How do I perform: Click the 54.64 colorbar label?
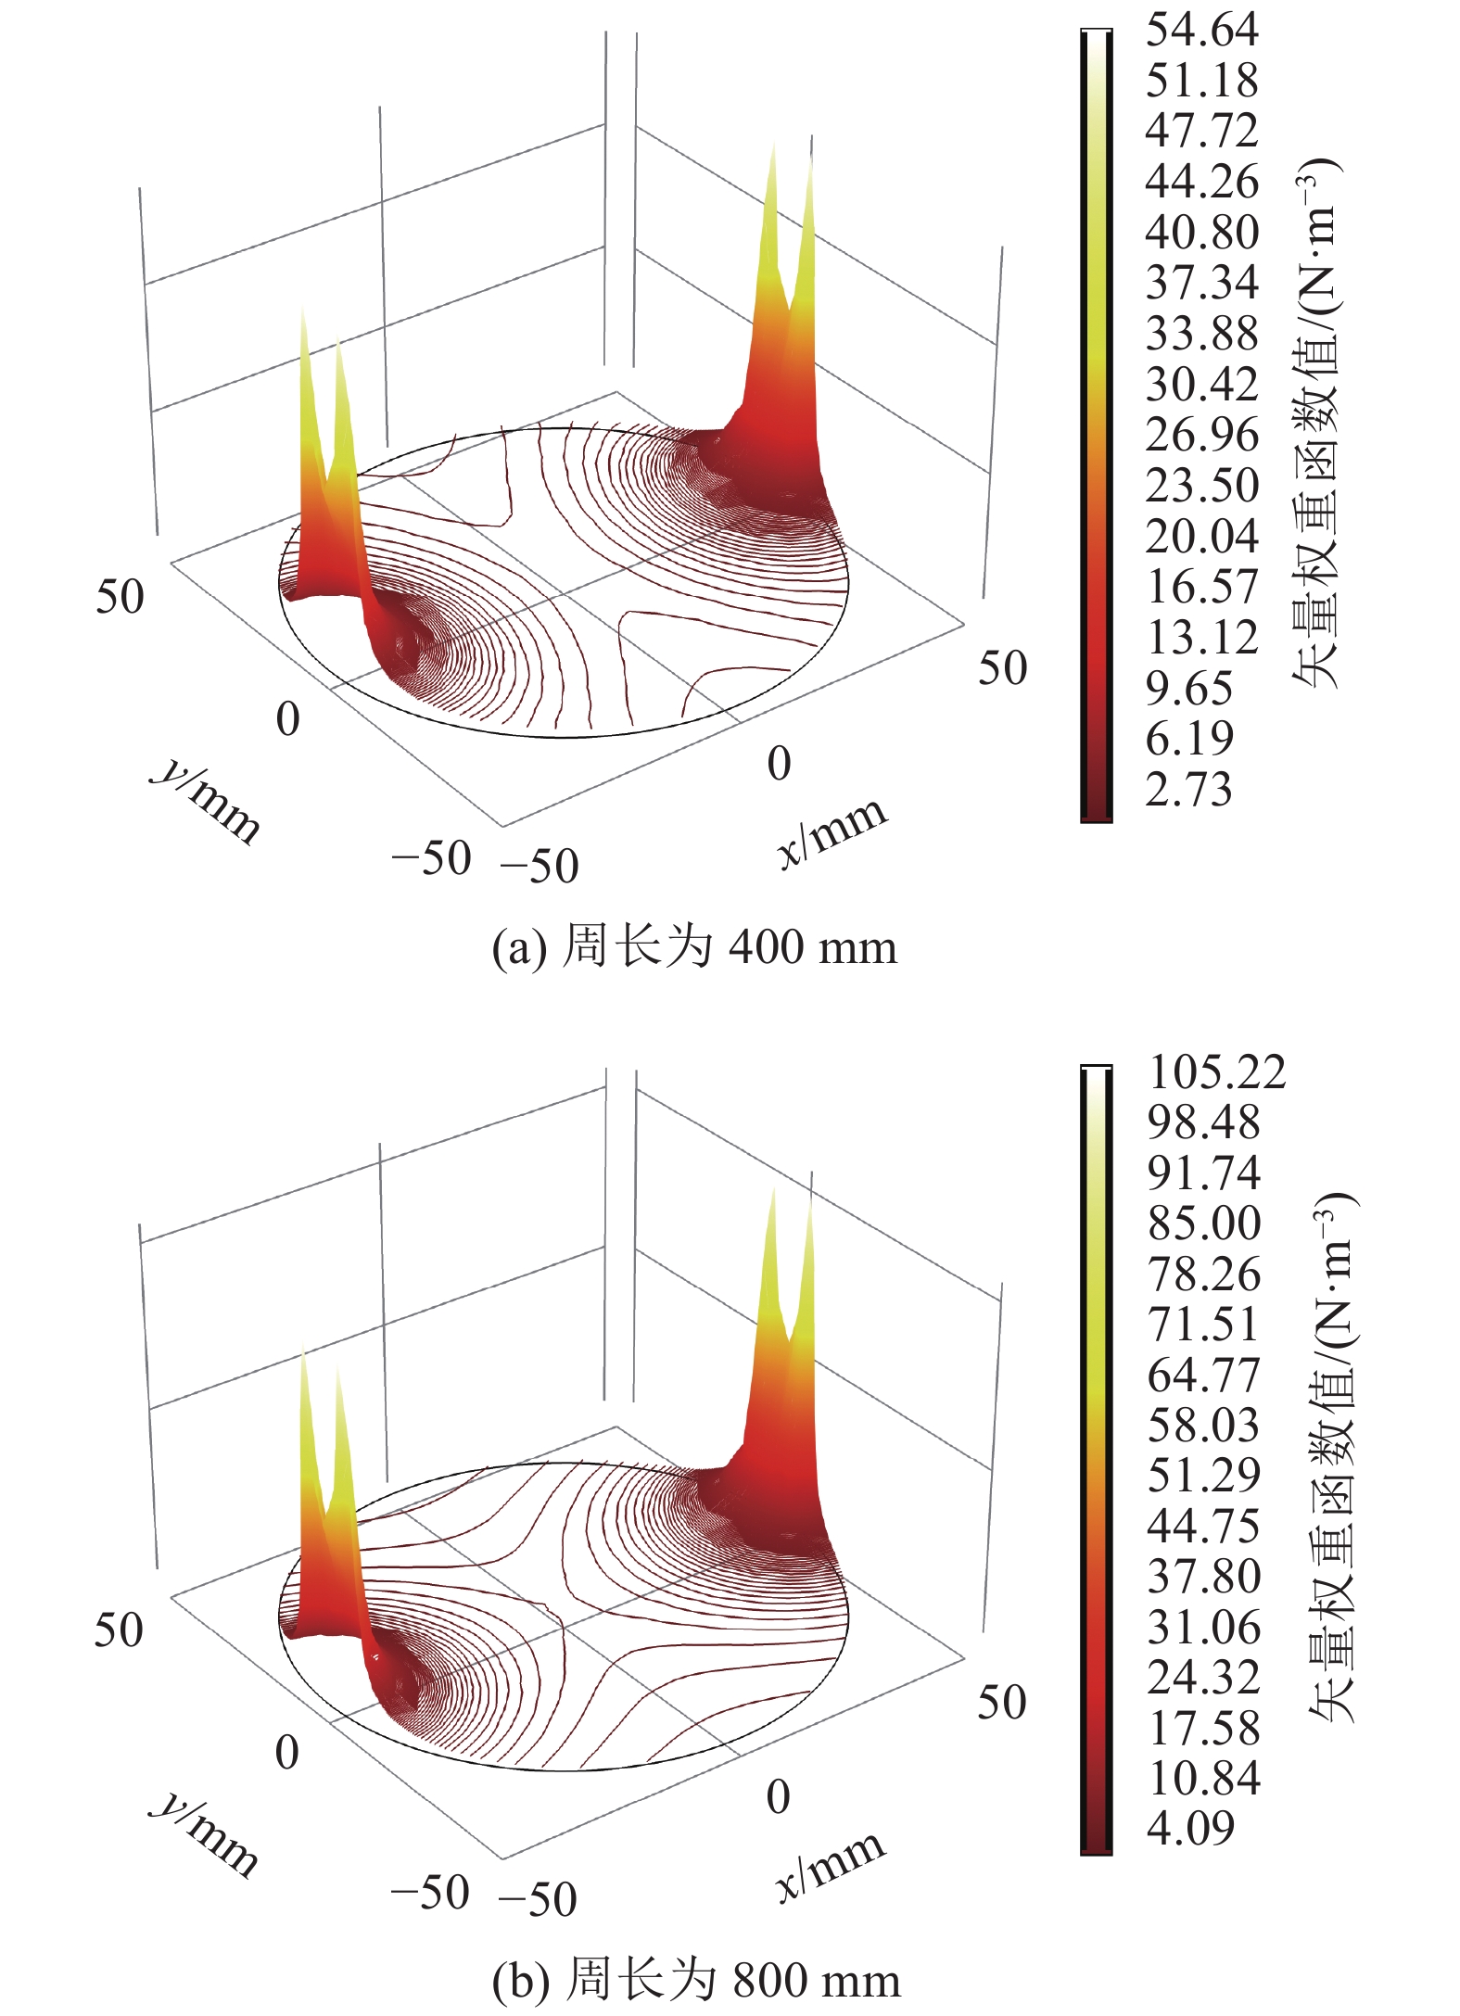click(1201, 30)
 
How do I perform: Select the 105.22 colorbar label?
click(1216, 1072)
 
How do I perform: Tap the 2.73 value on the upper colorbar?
click(1188, 790)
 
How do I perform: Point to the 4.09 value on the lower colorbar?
click(1190, 1828)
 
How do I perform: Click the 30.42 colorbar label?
click(1201, 384)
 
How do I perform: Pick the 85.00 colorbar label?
click(1203, 1224)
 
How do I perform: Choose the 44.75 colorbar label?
click(1203, 1526)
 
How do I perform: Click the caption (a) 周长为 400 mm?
click(694, 947)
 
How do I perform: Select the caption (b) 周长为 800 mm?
click(695, 1981)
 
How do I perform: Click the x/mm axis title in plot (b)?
click(831, 1865)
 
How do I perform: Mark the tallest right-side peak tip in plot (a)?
click(771, 146)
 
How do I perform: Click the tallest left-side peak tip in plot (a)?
click(303, 311)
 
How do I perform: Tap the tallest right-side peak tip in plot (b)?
click(771, 1189)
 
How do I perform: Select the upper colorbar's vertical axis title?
click(1316, 422)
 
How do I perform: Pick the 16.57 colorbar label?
click(1201, 587)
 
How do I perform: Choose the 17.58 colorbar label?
click(1203, 1728)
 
